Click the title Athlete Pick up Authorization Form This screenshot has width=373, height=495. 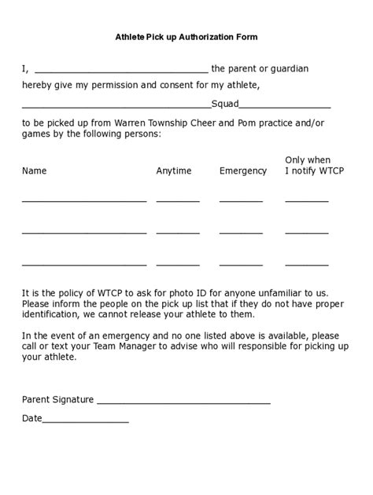tap(186, 37)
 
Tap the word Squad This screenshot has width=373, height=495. tap(225, 103)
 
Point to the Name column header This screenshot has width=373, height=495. tap(35, 170)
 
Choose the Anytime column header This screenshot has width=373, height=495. tap(174, 170)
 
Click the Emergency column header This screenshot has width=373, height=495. tap(243, 170)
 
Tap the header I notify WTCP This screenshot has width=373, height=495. tap(309, 170)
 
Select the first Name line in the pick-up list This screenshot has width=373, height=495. tap(84, 201)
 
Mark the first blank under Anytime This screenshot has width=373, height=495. tap(178, 201)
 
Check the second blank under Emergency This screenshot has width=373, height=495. tap(241, 233)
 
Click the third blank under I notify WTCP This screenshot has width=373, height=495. tap(307, 264)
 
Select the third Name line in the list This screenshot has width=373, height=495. tap(84, 264)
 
